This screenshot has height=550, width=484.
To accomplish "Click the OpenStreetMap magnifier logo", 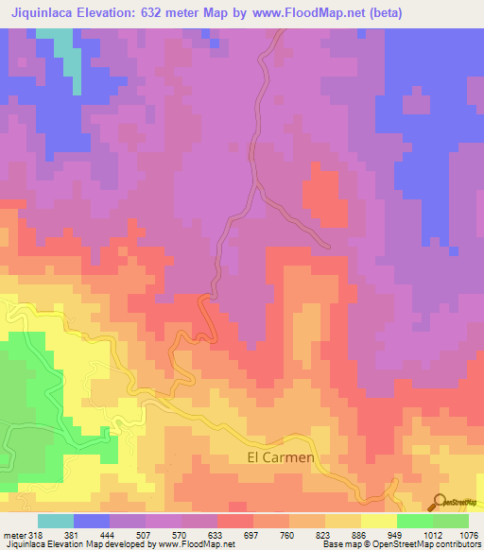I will [x=440, y=502].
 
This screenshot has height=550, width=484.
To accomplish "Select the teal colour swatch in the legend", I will [x=56, y=521].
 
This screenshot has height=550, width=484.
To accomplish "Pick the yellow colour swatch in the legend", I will [x=379, y=521].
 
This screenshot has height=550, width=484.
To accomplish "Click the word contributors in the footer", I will [x=455, y=544].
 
